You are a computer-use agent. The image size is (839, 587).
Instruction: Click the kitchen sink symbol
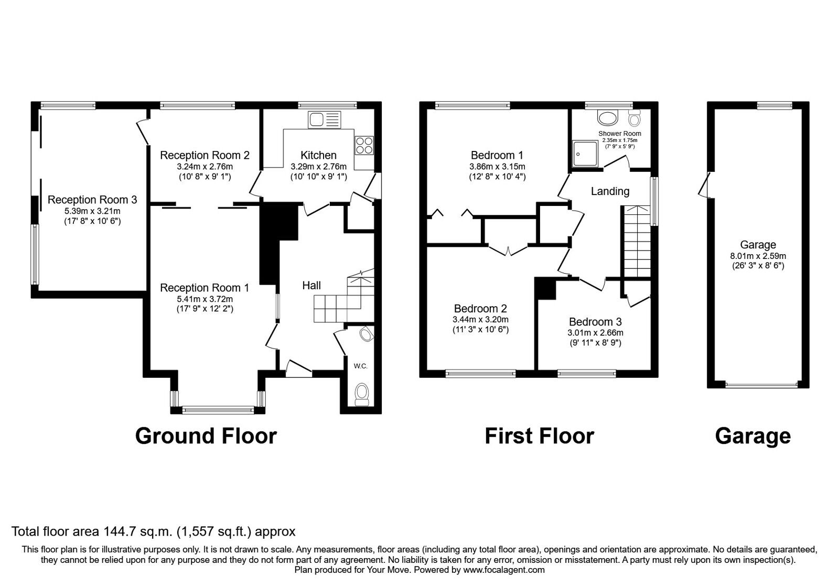[x=325, y=120]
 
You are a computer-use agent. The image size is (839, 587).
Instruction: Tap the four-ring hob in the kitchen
[x=363, y=145]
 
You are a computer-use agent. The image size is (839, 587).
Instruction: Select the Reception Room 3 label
[x=92, y=200]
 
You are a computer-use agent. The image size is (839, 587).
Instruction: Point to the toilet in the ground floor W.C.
[x=362, y=394]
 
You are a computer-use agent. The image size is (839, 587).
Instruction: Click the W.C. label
[x=360, y=366]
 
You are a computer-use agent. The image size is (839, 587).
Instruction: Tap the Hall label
[x=311, y=286]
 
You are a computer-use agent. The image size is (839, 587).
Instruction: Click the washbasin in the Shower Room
[x=608, y=118]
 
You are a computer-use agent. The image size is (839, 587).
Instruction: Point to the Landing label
[x=610, y=191]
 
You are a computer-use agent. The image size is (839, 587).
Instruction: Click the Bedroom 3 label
[x=595, y=322]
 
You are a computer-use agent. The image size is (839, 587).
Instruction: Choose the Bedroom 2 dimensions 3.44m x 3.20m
[x=480, y=319]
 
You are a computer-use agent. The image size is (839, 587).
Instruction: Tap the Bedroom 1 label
[x=497, y=155]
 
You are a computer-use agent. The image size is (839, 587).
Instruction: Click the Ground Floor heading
[x=206, y=436]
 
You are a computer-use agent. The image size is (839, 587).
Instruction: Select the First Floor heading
[x=539, y=436]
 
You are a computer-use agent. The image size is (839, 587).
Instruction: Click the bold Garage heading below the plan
[x=752, y=436]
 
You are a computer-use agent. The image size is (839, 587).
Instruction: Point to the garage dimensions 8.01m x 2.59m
[x=758, y=256]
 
